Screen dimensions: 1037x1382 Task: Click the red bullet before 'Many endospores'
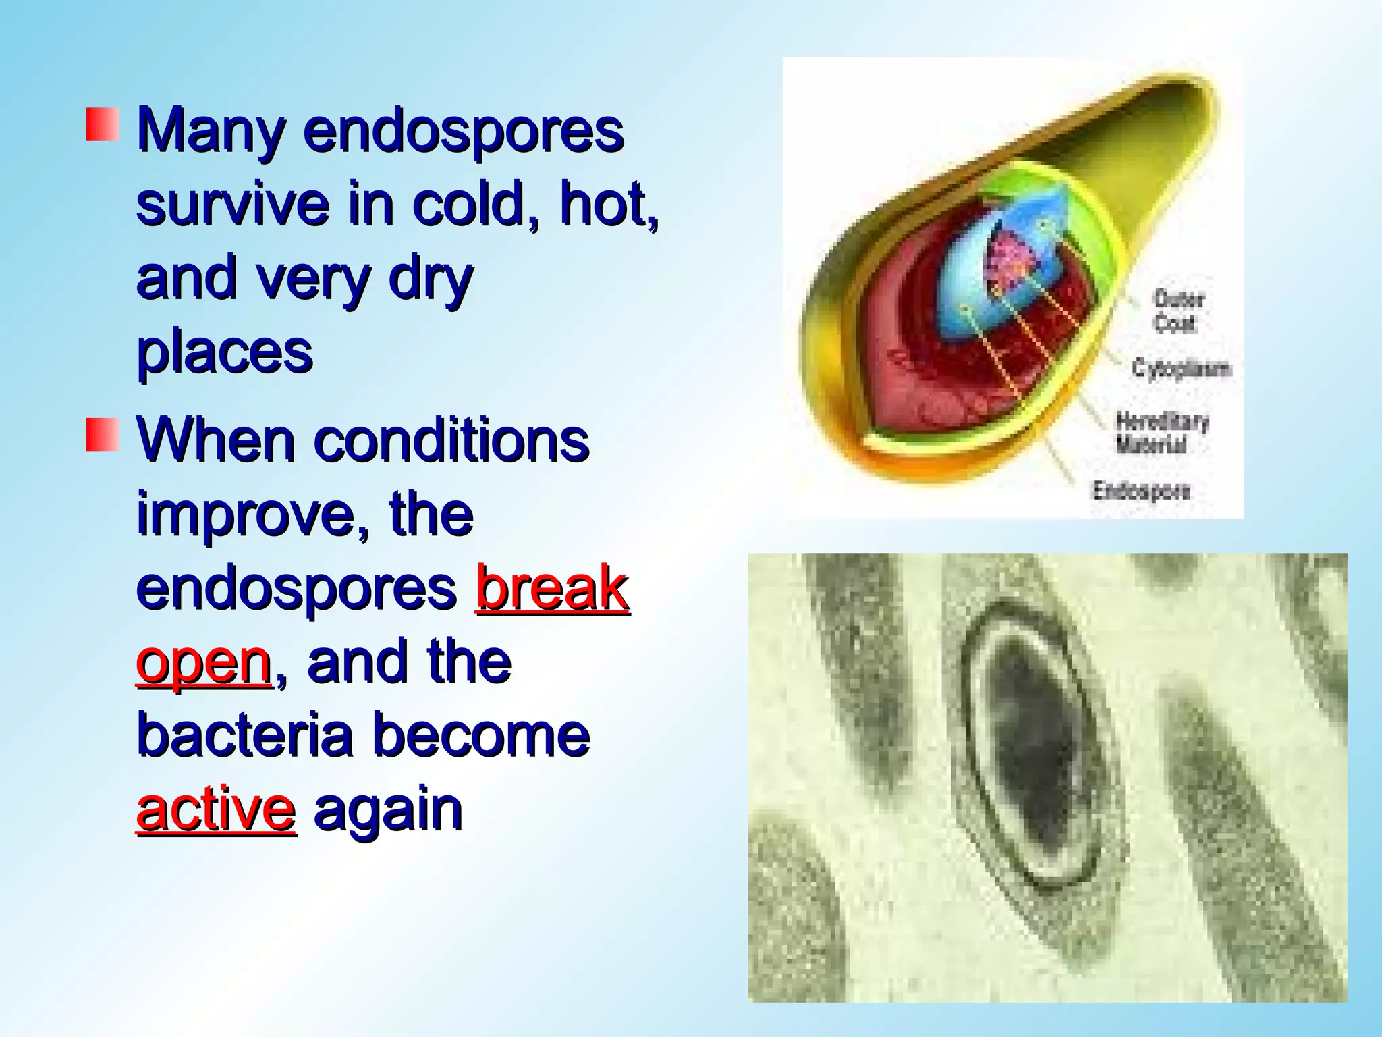click(103, 124)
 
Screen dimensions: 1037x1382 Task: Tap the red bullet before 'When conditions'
click(103, 434)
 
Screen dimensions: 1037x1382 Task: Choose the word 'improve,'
click(254, 514)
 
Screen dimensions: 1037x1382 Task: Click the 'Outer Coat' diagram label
click(1178, 311)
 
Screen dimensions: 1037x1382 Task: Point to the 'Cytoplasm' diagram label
click(1182, 369)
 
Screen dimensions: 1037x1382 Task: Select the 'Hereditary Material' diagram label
click(1161, 433)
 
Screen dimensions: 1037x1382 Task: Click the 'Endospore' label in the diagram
click(1141, 490)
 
